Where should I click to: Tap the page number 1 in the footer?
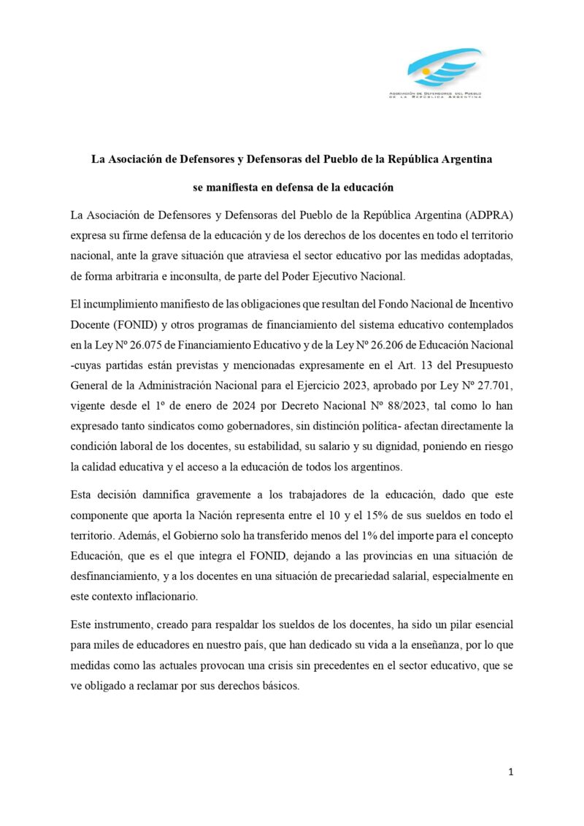[x=512, y=773]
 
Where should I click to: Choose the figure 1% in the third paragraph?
[x=365, y=535]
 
